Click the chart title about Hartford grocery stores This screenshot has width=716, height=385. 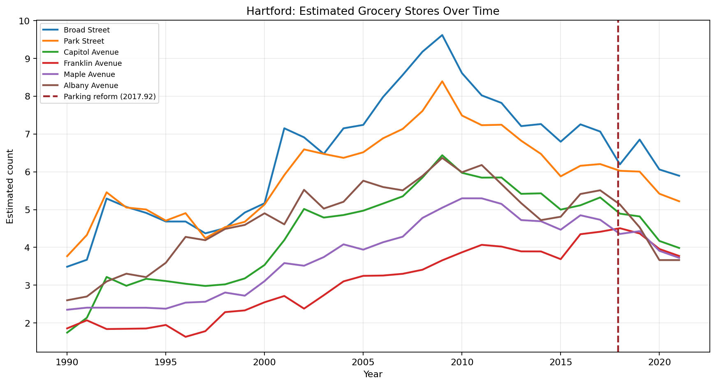373,11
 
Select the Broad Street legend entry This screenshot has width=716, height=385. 86,30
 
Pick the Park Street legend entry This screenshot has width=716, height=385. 83,41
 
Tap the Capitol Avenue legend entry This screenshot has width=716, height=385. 91,52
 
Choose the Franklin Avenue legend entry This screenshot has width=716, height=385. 93,63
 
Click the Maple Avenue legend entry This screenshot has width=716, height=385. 89,74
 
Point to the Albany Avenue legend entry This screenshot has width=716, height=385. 90,86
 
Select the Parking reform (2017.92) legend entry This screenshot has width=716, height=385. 109,97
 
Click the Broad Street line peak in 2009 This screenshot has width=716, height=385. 442,35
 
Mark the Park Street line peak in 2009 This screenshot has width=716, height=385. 442,81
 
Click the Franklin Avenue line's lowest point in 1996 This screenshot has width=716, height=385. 185,337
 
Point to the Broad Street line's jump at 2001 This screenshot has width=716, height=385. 284,128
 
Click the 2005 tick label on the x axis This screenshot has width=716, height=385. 363,362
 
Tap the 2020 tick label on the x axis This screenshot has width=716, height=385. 659,362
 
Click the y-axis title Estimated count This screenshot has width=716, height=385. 10,186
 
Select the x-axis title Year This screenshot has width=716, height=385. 373,374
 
